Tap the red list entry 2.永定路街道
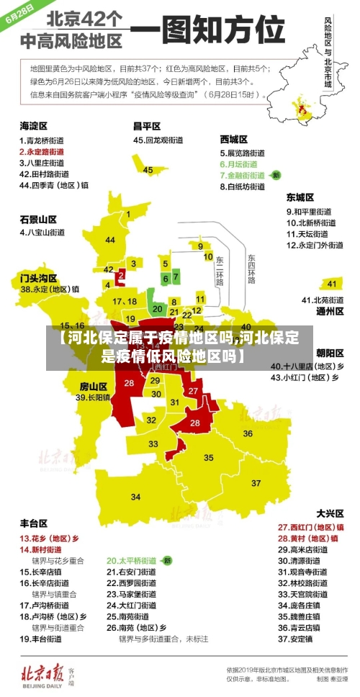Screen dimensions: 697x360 (45, 152)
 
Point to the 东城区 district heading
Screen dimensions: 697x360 (300, 197)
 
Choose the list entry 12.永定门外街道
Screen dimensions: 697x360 (315, 245)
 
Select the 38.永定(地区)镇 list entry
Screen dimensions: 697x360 (49, 289)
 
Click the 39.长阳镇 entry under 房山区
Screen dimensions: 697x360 (93, 397)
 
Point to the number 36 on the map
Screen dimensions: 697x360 (247, 433)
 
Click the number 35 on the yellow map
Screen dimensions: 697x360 (208, 457)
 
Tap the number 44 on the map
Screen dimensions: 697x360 (109, 240)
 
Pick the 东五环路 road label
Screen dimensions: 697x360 (251, 268)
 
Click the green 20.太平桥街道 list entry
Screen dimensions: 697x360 (132, 559)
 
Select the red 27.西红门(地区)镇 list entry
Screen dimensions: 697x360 (310, 526)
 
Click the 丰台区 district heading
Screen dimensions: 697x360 (33, 523)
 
